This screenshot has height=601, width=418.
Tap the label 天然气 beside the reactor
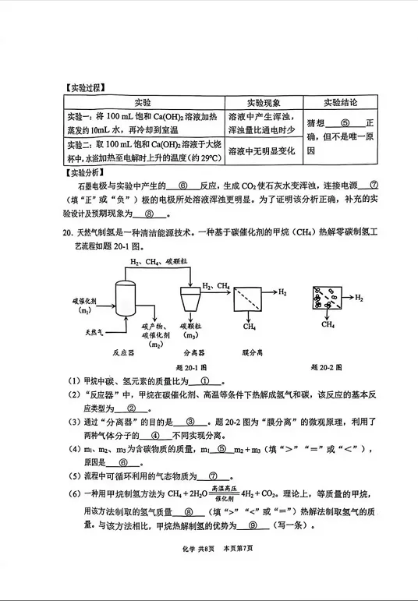pyautogui.click(x=96, y=332)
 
